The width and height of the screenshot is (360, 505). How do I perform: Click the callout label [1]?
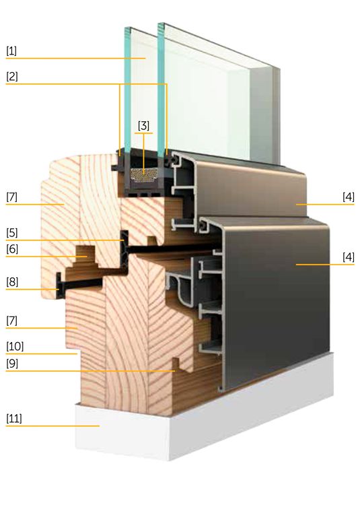click(x=11, y=51)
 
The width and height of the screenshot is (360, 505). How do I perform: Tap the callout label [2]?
click(x=12, y=77)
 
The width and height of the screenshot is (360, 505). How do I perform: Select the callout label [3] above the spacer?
click(x=143, y=125)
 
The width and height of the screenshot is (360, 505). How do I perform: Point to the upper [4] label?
click(x=349, y=197)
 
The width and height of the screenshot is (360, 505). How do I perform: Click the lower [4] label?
click(x=349, y=257)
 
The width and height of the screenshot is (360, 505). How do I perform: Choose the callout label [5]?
click(x=12, y=233)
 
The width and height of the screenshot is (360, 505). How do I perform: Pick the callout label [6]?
click(x=12, y=249)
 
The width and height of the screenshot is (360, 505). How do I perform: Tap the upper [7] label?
click(x=11, y=197)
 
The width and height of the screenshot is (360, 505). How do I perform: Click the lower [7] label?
click(x=11, y=321)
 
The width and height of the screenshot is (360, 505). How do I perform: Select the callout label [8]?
click(x=12, y=282)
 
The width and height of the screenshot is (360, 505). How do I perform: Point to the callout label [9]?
click(x=12, y=364)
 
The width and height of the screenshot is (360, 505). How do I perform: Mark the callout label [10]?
click(x=15, y=347)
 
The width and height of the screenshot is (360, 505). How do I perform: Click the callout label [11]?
click(x=14, y=419)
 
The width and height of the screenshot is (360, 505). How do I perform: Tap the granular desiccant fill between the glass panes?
click(x=144, y=174)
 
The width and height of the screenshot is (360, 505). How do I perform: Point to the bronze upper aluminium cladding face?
click(x=251, y=190)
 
